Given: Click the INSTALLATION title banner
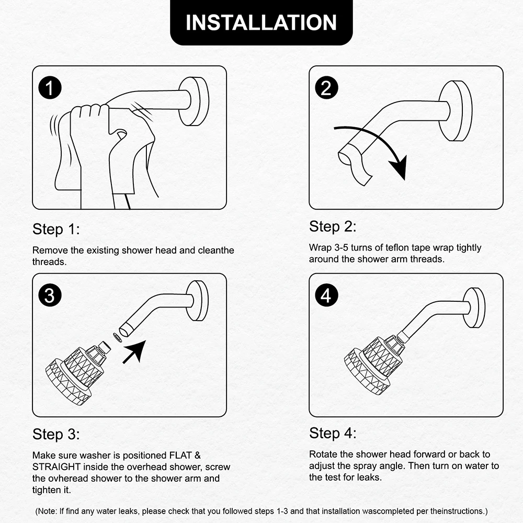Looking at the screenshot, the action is click(261, 22).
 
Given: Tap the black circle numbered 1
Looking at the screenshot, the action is click(50, 88).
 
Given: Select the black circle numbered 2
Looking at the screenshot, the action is click(326, 88).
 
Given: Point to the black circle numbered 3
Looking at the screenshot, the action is click(50, 295).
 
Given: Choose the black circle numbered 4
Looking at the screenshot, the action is click(326, 295).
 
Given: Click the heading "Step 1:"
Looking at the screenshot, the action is click(56, 230).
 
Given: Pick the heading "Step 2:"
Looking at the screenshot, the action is click(333, 227).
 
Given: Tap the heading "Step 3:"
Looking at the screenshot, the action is click(56, 435).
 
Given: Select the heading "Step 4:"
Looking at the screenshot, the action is click(333, 433).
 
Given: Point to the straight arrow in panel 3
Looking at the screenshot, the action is click(134, 352).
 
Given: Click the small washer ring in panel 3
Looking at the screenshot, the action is click(117, 337).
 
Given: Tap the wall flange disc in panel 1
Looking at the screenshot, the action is click(194, 101).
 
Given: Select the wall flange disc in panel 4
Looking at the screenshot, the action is click(474, 308).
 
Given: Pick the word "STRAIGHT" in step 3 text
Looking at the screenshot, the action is click(56, 467).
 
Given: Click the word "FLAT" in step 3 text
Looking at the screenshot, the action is click(180, 456).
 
